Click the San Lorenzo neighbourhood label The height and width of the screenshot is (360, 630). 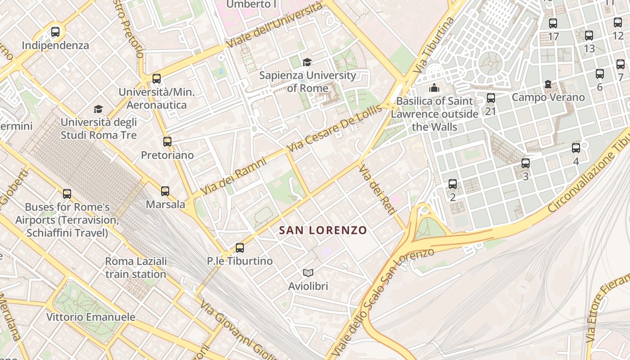pyautogui.click(x=323, y=230)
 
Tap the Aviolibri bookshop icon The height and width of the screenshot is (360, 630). pyautogui.click(x=308, y=273)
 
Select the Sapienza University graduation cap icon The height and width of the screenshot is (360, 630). pyautogui.click(x=307, y=62)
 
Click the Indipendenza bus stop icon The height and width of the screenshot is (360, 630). pyautogui.click(x=55, y=32)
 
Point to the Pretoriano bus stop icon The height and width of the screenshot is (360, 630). pyautogui.click(x=167, y=142)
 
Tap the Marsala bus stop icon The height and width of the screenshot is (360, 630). pyautogui.click(x=165, y=191)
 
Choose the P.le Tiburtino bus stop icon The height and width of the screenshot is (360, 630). pyautogui.click(x=240, y=247)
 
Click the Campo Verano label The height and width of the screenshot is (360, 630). pyautogui.click(x=548, y=97)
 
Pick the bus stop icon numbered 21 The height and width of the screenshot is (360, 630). pyautogui.click(x=491, y=98)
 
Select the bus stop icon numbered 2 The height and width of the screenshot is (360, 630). pyautogui.click(x=453, y=184)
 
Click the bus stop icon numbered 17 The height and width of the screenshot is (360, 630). pyautogui.click(x=553, y=23)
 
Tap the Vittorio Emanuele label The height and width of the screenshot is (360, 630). pyautogui.click(x=90, y=317)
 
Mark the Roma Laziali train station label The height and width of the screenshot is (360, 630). pyautogui.click(x=136, y=268)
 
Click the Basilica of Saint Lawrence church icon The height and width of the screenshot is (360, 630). pyautogui.click(x=434, y=88)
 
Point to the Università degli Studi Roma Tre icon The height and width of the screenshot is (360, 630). pyautogui.click(x=98, y=109)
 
